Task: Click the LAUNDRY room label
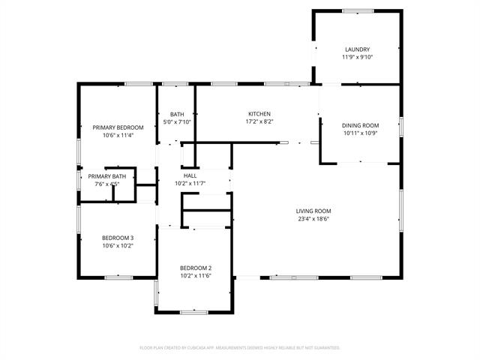357,49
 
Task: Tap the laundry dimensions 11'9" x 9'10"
357,57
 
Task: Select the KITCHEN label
259,114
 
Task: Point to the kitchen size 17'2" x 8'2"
259,121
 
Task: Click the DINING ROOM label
360,125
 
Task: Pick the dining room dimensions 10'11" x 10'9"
360,133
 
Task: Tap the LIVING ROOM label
313,211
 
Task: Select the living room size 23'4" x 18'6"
313,219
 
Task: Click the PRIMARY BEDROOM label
118,127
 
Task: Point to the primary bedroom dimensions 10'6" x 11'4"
118,136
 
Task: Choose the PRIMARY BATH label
107,176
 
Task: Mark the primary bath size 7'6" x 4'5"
107,184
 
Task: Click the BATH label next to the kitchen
177,114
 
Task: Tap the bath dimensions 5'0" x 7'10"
177,121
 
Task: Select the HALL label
190,175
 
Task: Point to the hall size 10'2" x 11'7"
190,183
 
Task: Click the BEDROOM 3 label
118,238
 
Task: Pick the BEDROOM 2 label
195,268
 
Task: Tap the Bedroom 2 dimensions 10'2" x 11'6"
195,276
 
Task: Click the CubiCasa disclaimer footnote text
240,348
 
